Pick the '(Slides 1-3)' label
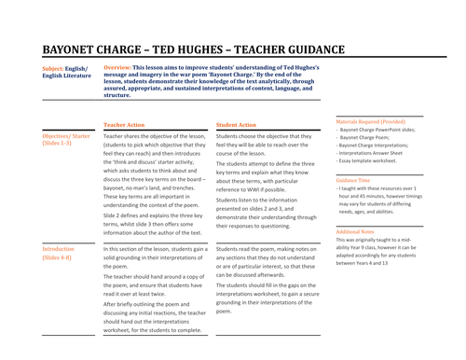point(59,145)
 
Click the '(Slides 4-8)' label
point(59,258)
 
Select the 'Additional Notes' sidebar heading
point(359,230)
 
